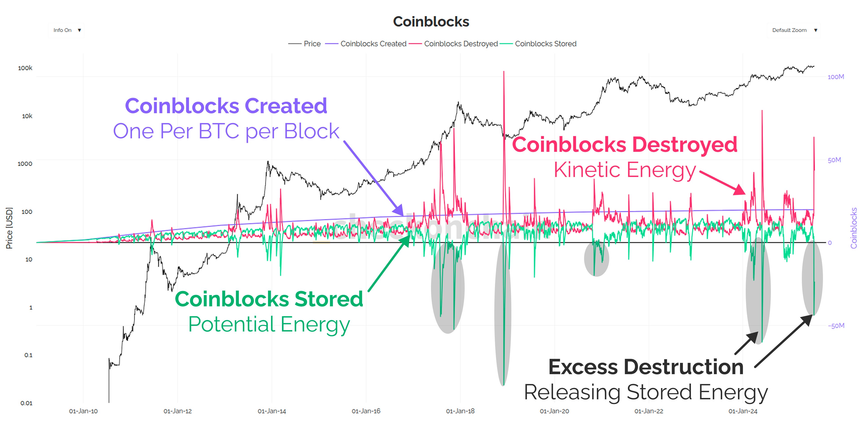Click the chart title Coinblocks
(x=431, y=22)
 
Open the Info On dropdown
(x=67, y=30)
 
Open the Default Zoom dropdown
(x=794, y=30)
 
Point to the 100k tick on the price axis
(x=25, y=68)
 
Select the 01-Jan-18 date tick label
(x=460, y=411)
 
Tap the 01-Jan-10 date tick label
(x=83, y=411)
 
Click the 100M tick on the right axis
(x=836, y=77)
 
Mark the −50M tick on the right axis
(x=836, y=325)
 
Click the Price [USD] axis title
(x=9, y=228)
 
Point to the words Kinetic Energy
(x=625, y=170)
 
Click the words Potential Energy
(x=269, y=324)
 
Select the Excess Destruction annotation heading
(x=646, y=367)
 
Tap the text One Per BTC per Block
(x=226, y=131)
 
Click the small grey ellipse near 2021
(x=596, y=258)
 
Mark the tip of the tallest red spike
(x=504, y=71)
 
